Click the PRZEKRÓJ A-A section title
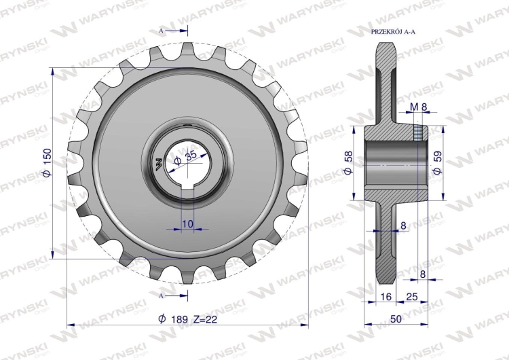(393, 32)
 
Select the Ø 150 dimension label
(47, 163)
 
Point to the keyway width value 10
(187, 223)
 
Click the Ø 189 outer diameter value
(173, 319)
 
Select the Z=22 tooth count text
(205, 319)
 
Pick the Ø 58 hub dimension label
(348, 162)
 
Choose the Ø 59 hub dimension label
(438, 162)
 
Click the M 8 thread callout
(418, 107)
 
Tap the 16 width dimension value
(385, 296)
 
